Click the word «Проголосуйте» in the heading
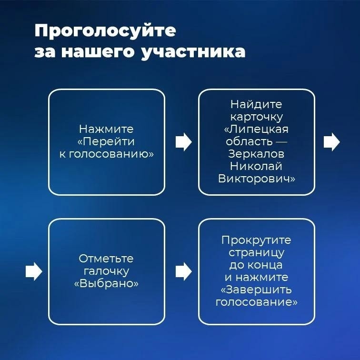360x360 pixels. (105, 31)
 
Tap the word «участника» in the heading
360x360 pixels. (193, 52)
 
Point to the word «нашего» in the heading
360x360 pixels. (98, 52)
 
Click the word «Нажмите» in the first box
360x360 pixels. (106, 129)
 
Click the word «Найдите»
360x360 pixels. (256, 104)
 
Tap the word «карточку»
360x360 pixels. (257, 117)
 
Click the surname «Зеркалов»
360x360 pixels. (256, 154)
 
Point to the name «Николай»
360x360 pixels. (256, 166)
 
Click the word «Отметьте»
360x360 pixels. (106, 259)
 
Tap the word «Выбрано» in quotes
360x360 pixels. (106, 283)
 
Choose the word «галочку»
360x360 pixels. (106, 271)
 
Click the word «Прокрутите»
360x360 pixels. (256, 240)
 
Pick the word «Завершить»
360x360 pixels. (258, 290)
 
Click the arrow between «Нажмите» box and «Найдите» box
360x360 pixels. (184, 142)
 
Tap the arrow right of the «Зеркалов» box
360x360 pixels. (332, 142)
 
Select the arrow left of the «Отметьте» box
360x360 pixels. (34, 271)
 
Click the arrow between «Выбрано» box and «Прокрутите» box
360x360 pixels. (184, 271)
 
